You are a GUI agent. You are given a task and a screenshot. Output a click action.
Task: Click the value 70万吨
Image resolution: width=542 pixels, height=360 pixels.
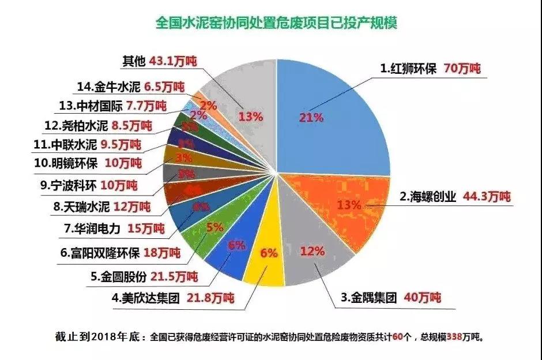coord(462,68)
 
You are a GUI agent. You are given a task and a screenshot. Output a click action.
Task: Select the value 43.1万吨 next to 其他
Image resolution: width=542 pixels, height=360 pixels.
coord(174,61)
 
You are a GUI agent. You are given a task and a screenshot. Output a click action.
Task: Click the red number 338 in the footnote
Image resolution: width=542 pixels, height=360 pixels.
coord(445,336)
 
